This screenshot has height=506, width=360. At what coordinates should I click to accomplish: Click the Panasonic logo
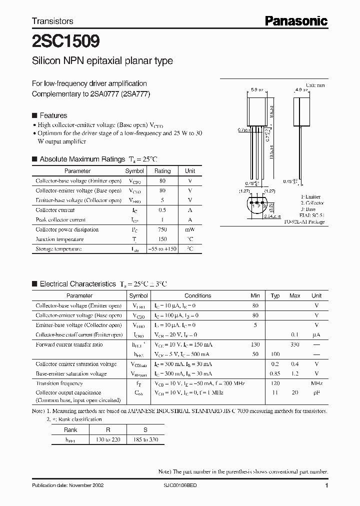point(296,20)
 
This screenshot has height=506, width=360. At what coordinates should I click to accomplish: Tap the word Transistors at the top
point(52,21)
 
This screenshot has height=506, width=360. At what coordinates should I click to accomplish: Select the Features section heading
point(53,115)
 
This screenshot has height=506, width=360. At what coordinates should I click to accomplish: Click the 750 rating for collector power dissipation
point(162,229)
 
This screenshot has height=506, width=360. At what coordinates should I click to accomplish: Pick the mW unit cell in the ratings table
point(190,229)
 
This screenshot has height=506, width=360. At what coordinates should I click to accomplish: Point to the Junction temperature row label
point(59,239)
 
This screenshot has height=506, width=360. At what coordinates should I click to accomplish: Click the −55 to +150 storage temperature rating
point(162,249)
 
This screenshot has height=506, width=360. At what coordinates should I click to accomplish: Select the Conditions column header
point(197,295)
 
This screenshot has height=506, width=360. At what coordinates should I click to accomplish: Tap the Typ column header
point(275,295)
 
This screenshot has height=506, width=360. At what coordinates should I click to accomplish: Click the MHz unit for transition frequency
point(316,383)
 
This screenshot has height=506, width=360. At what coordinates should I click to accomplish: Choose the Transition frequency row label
point(59,383)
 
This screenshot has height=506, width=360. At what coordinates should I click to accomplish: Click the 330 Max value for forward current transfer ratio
point(294,344)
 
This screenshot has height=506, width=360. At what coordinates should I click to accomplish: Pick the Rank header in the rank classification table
point(70,429)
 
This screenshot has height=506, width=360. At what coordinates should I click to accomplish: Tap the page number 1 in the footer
point(326,485)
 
